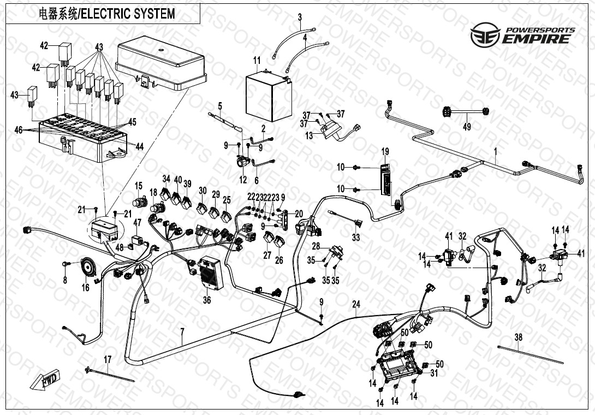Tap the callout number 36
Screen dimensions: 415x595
click(x=206, y=299)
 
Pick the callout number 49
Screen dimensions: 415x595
click(x=466, y=127)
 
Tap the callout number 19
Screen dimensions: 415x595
click(x=385, y=151)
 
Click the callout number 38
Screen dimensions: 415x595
click(x=518, y=337)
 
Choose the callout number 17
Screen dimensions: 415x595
click(x=108, y=359)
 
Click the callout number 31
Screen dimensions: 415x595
click(x=435, y=373)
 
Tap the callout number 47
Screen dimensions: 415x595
click(x=137, y=222)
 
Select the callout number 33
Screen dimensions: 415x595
click(x=356, y=238)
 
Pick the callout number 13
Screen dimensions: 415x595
click(x=310, y=135)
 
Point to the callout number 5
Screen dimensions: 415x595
click(x=221, y=105)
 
